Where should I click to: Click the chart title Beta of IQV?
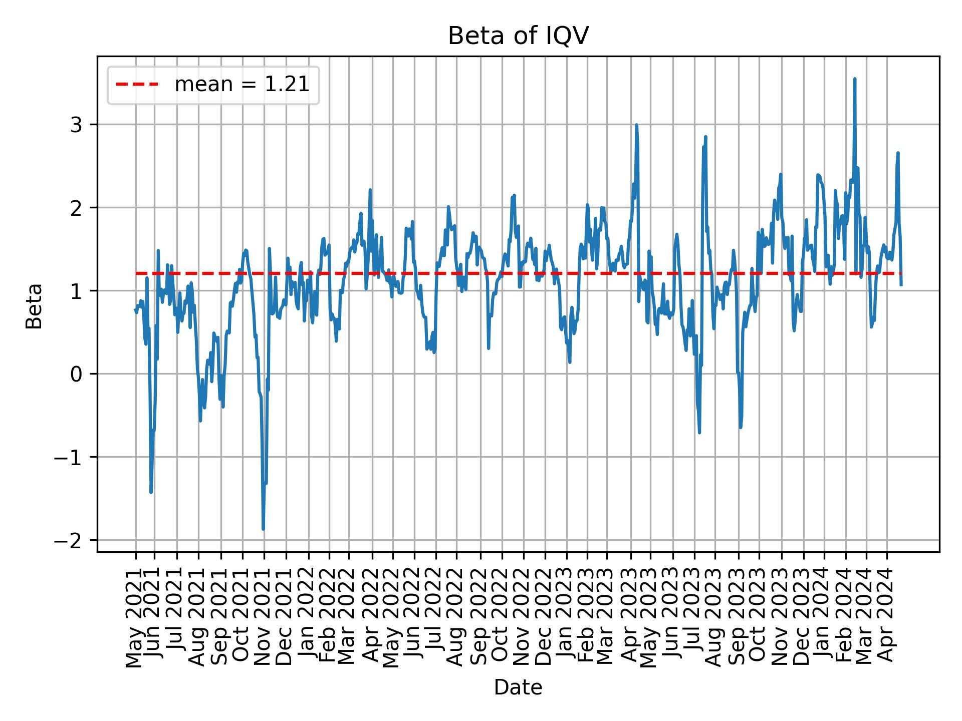point(518,36)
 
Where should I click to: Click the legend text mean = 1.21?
point(242,85)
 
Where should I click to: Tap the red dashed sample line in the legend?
point(137,85)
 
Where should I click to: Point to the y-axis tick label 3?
point(76,125)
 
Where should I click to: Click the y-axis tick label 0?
point(76,374)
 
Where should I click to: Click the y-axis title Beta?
point(34,306)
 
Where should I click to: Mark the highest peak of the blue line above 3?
point(854,79)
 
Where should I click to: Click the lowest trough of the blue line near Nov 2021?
point(263,529)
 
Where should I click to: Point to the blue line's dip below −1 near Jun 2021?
point(151,492)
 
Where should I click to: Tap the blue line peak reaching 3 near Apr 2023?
point(636,125)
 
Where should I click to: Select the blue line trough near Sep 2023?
point(740,427)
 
